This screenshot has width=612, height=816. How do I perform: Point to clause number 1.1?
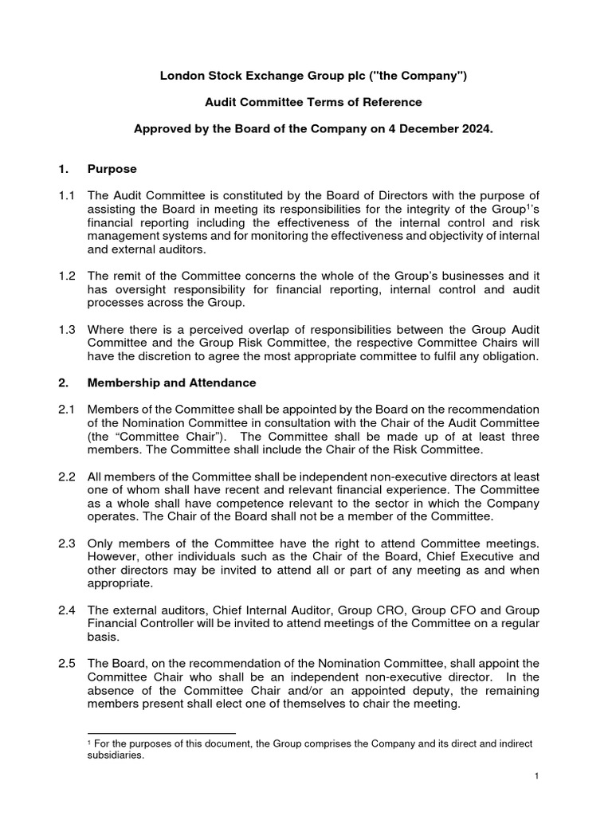67,196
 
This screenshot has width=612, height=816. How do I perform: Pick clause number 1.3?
67,328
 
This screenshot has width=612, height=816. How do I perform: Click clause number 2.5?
67,663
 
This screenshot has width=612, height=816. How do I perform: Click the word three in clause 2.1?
522,437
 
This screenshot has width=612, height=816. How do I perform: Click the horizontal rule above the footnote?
160,732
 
